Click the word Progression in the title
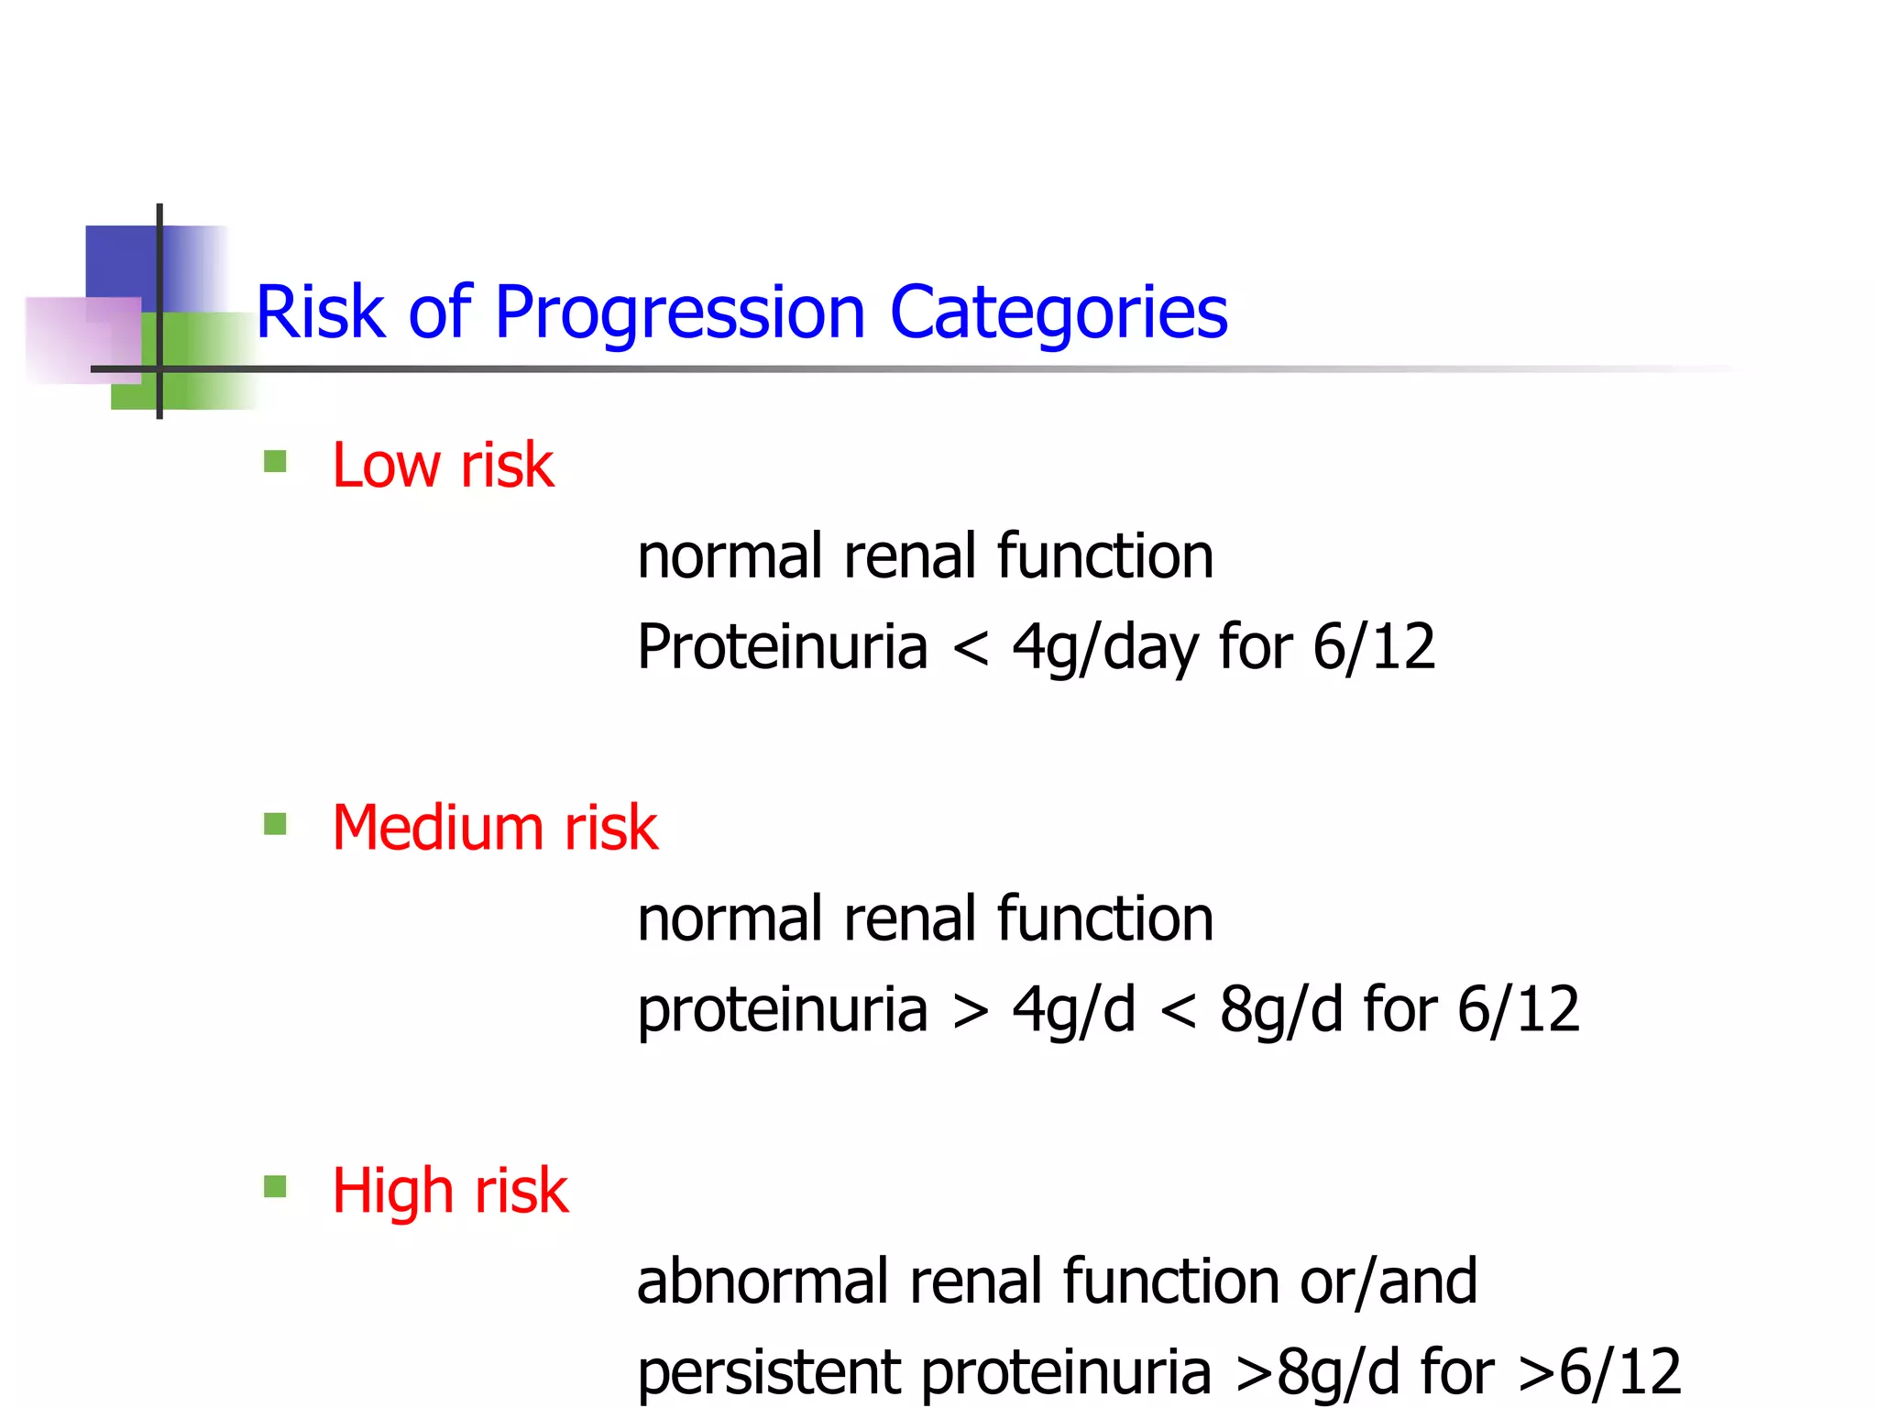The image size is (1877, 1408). pos(679,313)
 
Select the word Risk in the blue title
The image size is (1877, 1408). pos(320,313)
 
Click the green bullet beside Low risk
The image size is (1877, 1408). pos(275,460)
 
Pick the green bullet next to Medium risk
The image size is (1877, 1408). pos(275,823)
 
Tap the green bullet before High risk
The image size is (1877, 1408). pos(275,1187)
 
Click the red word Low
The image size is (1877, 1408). pos(387,465)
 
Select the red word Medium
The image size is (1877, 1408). pos(439,828)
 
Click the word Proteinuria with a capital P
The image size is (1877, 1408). pos(782,647)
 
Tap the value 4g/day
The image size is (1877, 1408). pos(1105,647)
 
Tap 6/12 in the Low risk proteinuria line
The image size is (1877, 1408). pos(1374,647)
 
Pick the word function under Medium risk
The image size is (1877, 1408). pos(1104,918)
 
